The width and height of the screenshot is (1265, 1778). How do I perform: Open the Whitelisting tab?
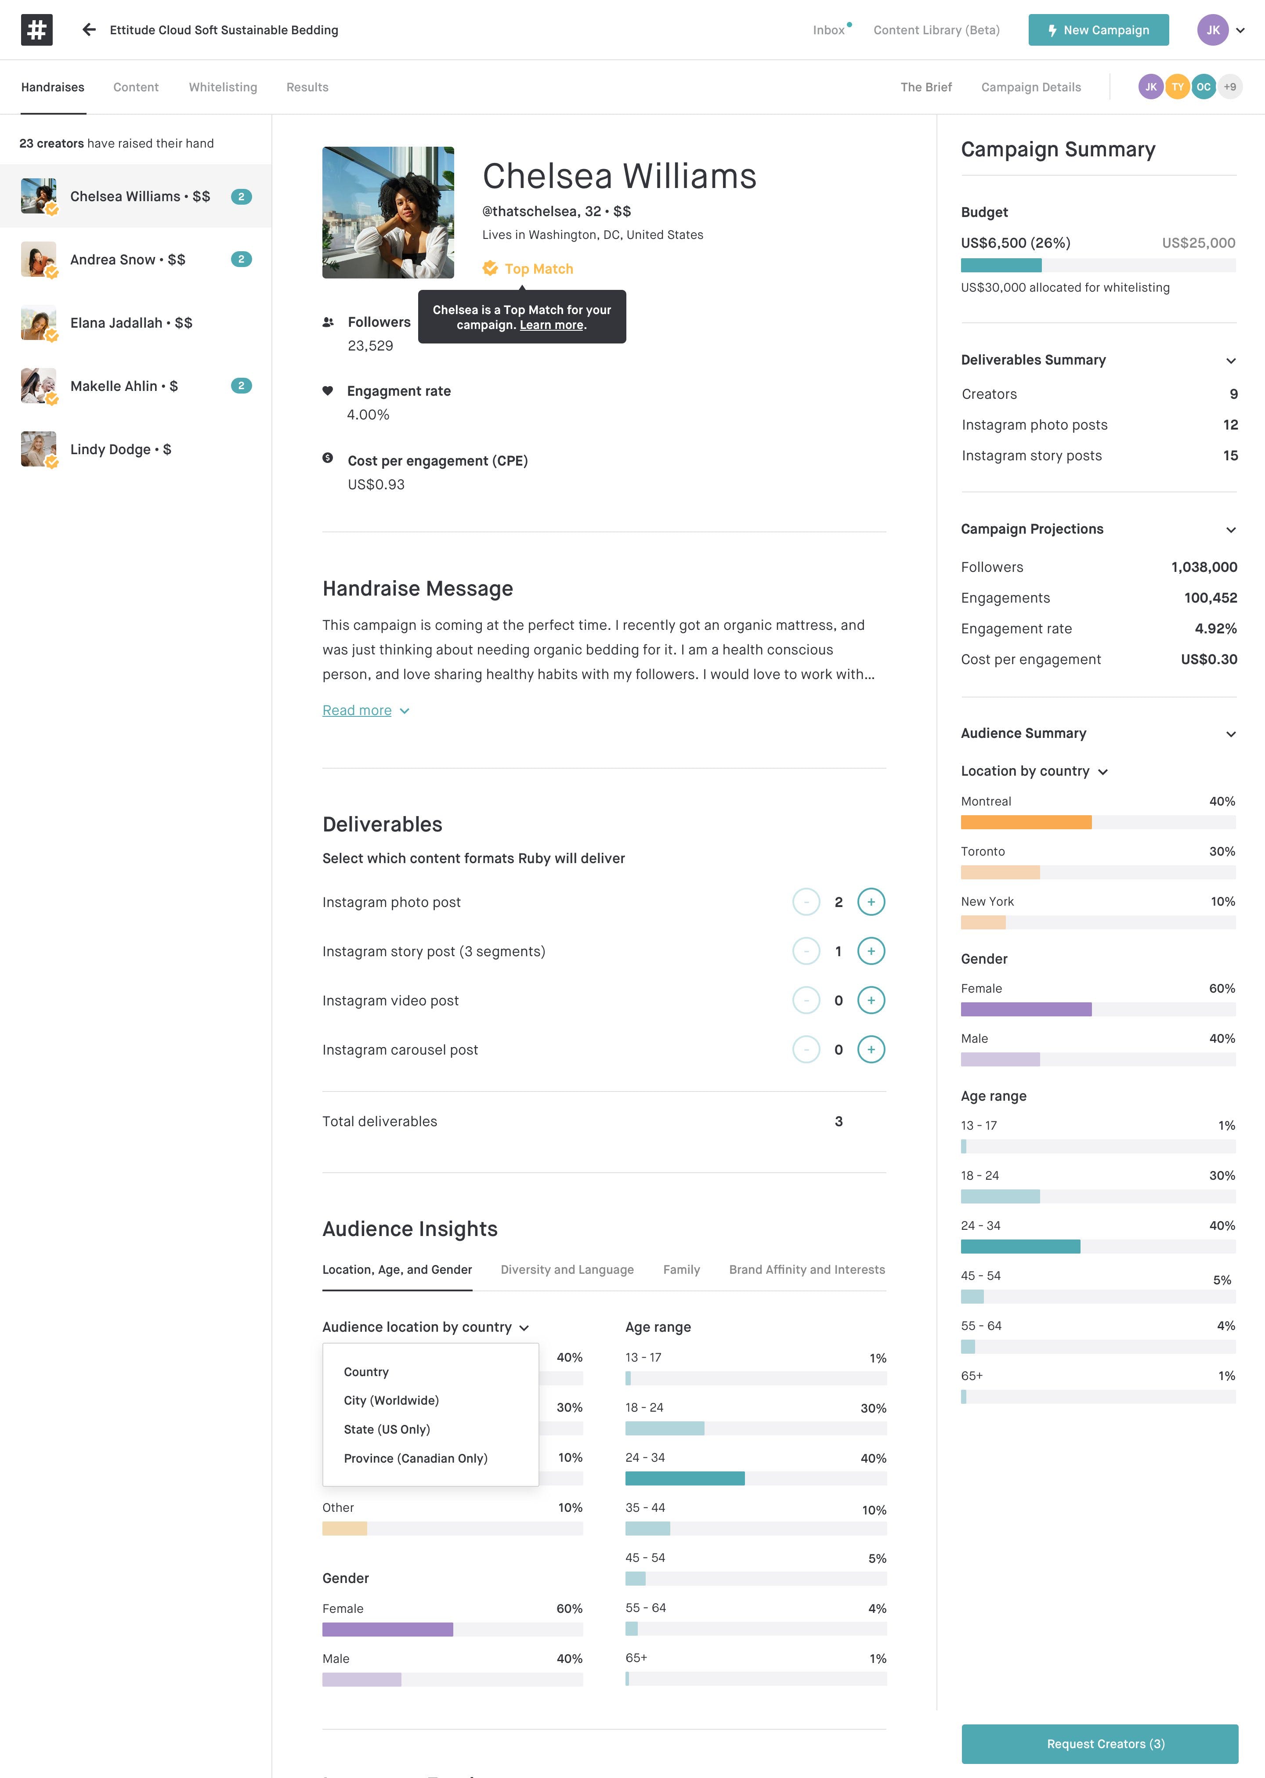[223, 87]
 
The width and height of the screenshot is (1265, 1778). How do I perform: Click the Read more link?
[357, 710]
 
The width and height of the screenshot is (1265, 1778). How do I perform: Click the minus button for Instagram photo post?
[806, 902]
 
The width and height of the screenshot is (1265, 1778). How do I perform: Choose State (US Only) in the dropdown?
[387, 1429]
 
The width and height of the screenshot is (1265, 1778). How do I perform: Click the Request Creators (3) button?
[1099, 1744]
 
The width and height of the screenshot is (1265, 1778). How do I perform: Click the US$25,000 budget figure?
[1197, 243]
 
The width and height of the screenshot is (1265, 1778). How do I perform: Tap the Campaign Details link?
[1030, 87]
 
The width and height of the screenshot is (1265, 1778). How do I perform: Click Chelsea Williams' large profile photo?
[388, 213]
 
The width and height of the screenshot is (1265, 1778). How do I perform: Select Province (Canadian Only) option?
[415, 1458]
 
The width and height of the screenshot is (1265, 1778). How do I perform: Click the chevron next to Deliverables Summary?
[1230, 361]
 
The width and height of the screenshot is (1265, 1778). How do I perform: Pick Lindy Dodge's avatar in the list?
[38, 449]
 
